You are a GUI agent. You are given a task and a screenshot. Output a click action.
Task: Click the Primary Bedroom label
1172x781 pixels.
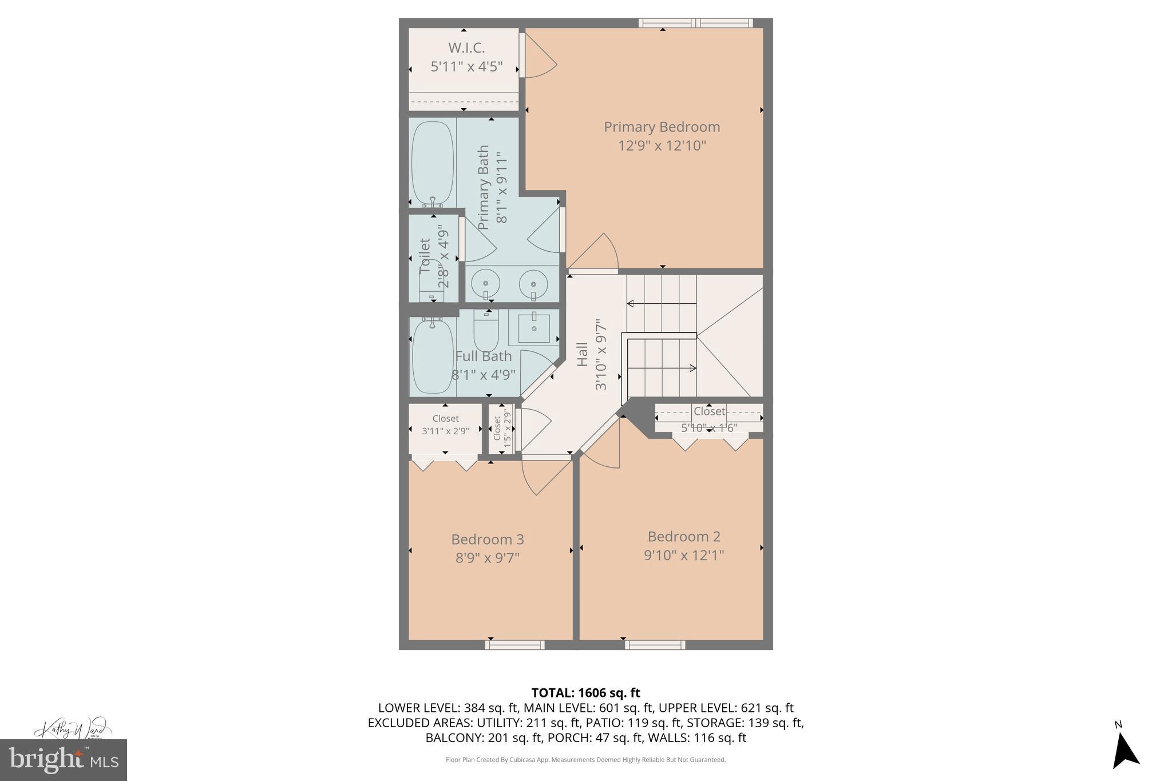click(x=662, y=127)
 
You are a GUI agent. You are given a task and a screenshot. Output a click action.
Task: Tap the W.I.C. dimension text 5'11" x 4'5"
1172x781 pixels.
click(x=466, y=66)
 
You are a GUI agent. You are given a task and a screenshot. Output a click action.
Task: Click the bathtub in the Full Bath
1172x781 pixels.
click(x=433, y=357)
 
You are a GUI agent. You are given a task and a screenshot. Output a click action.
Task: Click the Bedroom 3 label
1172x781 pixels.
click(x=487, y=540)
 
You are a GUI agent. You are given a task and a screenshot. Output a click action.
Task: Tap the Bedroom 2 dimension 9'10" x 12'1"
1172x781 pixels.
click(x=684, y=555)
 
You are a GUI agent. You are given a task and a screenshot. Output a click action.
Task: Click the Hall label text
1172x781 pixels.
click(x=582, y=354)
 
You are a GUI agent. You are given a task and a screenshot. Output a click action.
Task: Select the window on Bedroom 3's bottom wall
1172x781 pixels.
click(x=514, y=645)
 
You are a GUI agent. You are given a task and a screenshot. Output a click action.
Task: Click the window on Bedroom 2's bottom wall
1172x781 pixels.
click(x=655, y=645)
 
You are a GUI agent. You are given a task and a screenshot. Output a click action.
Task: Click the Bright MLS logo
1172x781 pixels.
click(x=63, y=760)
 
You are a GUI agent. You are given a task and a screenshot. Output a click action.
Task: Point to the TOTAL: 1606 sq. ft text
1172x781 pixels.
click(x=585, y=693)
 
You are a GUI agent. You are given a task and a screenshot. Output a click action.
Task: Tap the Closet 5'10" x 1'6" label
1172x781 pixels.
click(x=709, y=411)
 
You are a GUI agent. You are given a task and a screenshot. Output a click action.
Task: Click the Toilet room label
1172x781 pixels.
click(x=425, y=256)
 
